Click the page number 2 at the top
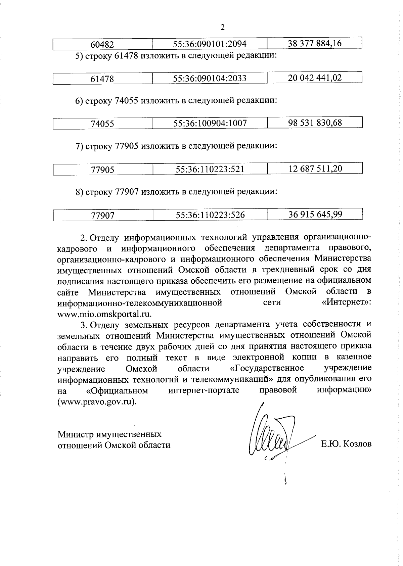pyautogui.click(x=222, y=28)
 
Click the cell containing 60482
pyautogui.click(x=102, y=44)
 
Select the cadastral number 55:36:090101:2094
pyautogui.click(x=210, y=44)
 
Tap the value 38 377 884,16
pyautogui.click(x=315, y=43)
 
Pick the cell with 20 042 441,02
pyautogui.click(x=315, y=78)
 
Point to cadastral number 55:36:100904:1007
pyautogui.click(x=210, y=123)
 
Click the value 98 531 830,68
pyautogui.click(x=315, y=123)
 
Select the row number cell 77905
pyautogui.click(x=102, y=170)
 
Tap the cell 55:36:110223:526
pyautogui.click(x=210, y=215)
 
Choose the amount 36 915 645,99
pyautogui.click(x=315, y=214)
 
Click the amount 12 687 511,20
pyautogui.click(x=315, y=168)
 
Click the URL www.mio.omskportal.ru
pyautogui.click(x=104, y=314)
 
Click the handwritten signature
pyautogui.click(x=272, y=436)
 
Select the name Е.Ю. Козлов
pyautogui.click(x=346, y=444)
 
